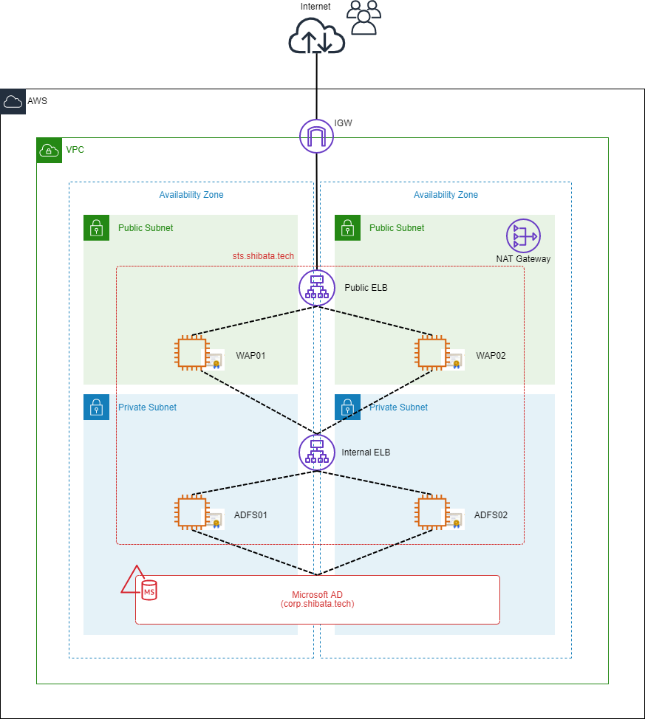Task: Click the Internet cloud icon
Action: (x=316, y=35)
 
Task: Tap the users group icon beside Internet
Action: (x=364, y=18)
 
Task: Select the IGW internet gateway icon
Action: (x=316, y=136)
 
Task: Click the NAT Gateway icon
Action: (x=523, y=235)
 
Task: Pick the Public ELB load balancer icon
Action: (x=317, y=287)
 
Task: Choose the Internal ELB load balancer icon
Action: (x=317, y=453)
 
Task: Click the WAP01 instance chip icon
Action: (x=192, y=353)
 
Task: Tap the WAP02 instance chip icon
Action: (x=432, y=353)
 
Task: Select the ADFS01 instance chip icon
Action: (x=192, y=512)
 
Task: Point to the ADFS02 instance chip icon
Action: (x=432, y=512)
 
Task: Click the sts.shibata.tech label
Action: (x=263, y=256)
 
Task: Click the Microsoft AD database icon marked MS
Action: (x=149, y=591)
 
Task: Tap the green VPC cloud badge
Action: (x=49, y=151)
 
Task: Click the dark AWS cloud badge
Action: (x=13, y=102)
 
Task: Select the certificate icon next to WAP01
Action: (x=214, y=359)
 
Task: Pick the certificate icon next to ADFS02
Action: (x=454, y=519)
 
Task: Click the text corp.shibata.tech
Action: (x=317, y=604)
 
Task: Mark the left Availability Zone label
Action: (x=191, y=195)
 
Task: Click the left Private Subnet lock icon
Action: (x=96, y=407)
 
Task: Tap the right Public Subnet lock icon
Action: (x=347, y=228)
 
